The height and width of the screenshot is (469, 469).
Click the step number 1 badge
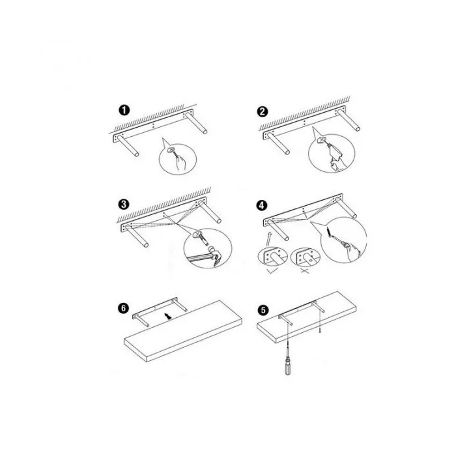[x=124, y=110]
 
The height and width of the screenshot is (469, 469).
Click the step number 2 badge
[x=263, y=111]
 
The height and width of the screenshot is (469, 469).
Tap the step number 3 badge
[x=124, y=205]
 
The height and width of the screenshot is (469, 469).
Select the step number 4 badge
[x=262, y=205]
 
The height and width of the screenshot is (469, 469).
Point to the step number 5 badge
[x=263, y=310]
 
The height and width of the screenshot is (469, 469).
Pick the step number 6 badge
[x=124, y=308]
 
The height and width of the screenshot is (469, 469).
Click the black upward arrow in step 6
[x=169, y=316]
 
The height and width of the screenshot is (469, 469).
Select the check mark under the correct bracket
[x=273, y=271]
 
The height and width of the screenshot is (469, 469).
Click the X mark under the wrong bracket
[x=304, y=271]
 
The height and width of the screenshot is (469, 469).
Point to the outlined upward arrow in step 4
[x=268, y=239]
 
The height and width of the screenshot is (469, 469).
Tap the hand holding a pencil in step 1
[x=180, y=163]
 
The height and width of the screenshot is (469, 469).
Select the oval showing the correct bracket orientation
[x=272, y=257]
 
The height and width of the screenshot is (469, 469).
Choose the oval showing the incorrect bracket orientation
[x=305, y=257]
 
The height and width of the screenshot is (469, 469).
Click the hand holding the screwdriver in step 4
[x=354, y=252]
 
